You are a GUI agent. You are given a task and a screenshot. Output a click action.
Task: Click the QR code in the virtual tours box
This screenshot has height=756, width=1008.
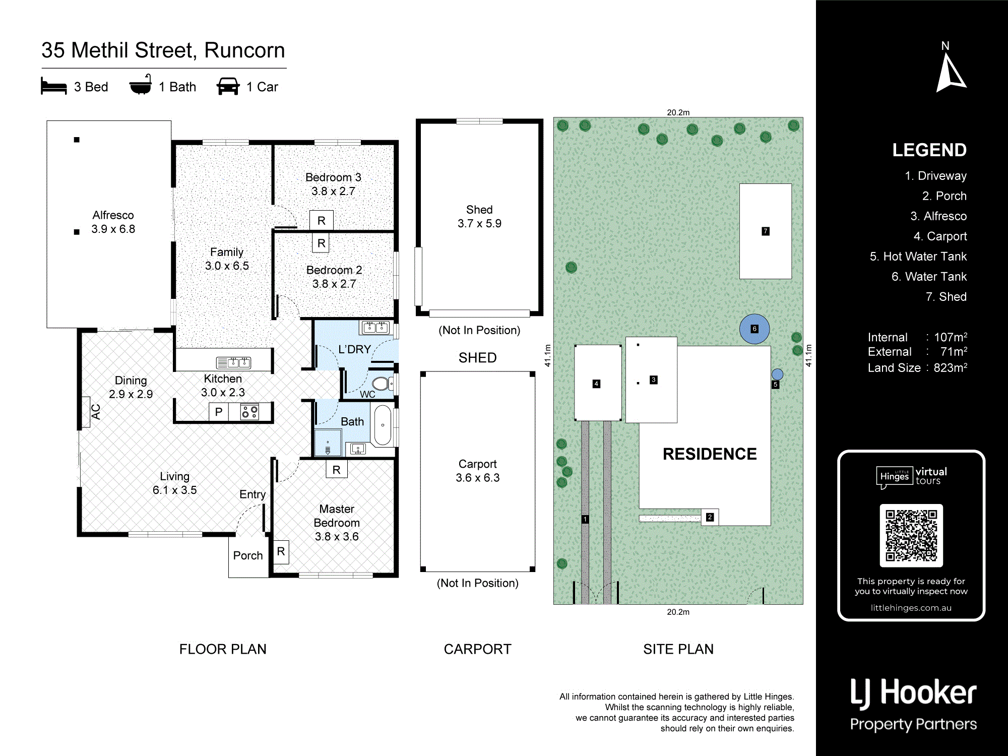click(x=911, y=535)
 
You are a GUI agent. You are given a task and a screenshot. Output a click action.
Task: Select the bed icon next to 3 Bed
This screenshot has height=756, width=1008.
click(x=54, y=86)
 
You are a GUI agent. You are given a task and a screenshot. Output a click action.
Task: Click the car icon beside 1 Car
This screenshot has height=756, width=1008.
click(x=228, y=86)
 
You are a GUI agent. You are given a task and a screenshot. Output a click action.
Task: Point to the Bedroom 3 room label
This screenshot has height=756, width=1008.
click(x=333, y=184)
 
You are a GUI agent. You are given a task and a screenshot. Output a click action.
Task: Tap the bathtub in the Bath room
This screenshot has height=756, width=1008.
click(x=383, y=425)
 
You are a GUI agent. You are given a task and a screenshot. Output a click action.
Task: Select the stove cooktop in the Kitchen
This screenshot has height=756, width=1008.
click(x=249, y=412)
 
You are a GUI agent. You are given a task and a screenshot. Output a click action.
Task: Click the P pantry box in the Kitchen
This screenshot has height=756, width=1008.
click(x=219, y=412)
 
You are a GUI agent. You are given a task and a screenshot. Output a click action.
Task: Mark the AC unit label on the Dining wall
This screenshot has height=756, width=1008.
click(x=96, y=412)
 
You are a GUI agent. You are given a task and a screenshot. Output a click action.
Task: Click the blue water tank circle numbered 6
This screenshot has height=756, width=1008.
click(x=754, y=329)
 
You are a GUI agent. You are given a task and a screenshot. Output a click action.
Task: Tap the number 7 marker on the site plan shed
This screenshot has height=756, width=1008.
click(x=765, y=231)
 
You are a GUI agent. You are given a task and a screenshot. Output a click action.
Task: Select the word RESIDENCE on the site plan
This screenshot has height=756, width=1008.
click(x=710, y=454)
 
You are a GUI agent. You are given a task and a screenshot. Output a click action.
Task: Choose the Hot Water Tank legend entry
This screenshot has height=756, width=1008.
click(x=918, y=257)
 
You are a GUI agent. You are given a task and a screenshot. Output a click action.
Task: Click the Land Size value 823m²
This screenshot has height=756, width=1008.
click(x=951, y=367)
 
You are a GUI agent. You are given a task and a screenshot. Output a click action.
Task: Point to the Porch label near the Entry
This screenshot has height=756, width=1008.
click(x=248, y=555)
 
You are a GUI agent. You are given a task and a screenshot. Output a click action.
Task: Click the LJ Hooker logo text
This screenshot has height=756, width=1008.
click(x=913, y=694)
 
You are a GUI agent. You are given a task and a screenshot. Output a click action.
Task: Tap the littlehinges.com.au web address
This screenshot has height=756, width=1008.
click(x=911, y=608)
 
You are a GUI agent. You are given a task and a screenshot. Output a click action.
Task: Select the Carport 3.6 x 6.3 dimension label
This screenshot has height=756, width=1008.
click(x=478, y=471)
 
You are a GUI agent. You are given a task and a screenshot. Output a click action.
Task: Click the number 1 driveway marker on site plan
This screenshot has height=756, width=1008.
click(x=585, y=519)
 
